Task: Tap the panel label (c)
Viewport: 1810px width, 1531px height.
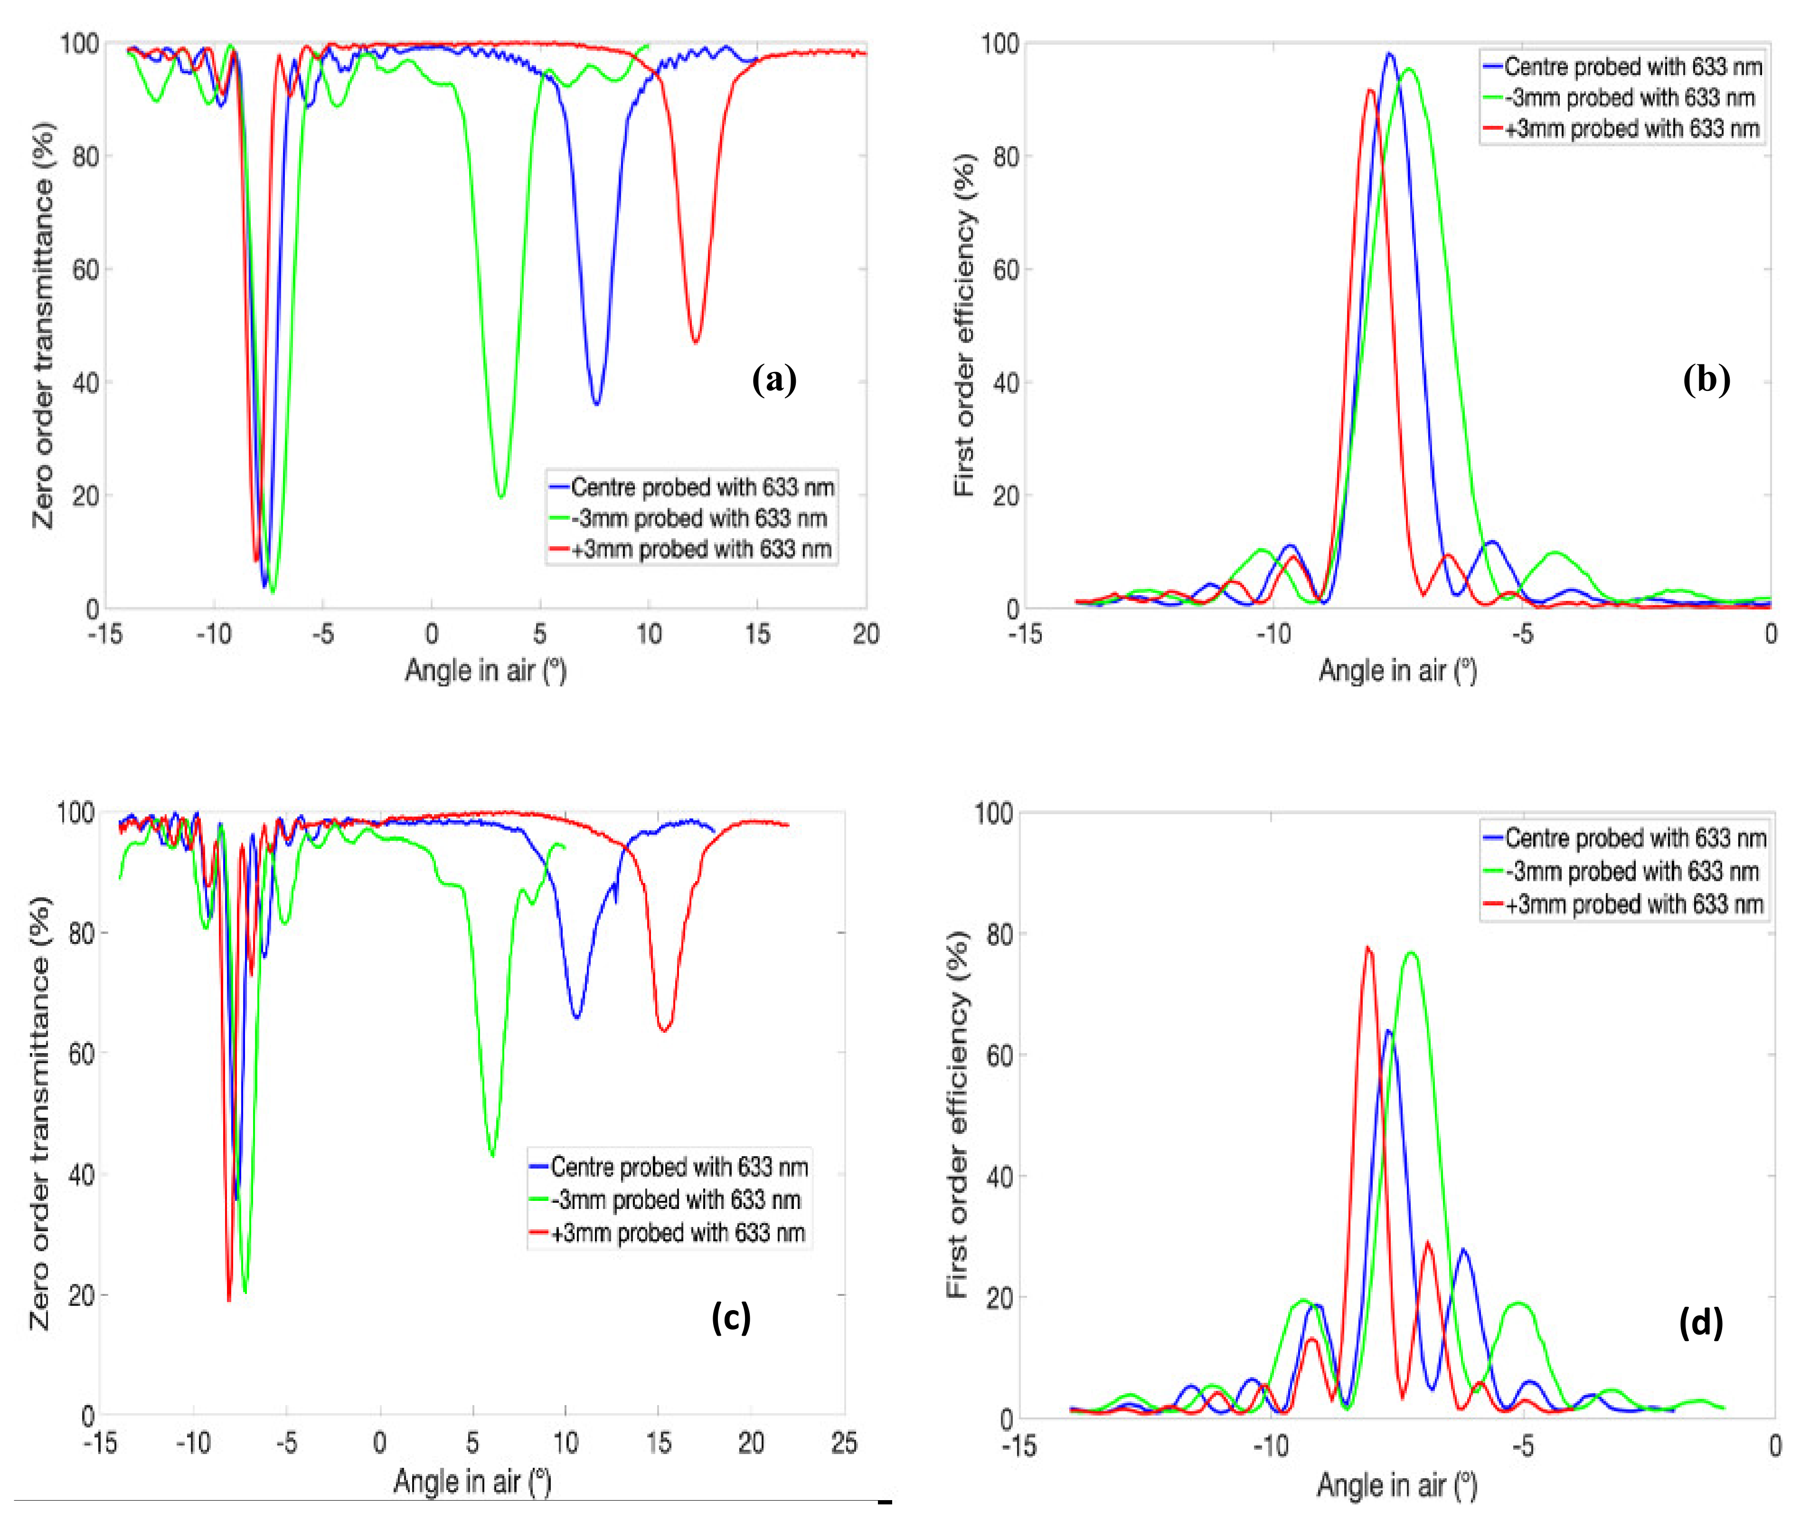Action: (x=731, y=1318)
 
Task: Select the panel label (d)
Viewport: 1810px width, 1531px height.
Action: (x=1701, y=1322)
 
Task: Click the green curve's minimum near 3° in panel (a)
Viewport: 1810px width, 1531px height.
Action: (x=500, y=496)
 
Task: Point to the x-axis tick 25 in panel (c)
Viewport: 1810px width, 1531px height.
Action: (x=843, y=1443)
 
